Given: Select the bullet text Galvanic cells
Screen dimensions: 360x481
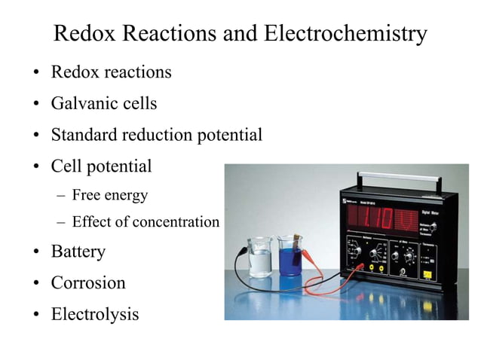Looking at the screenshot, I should pyautogui.click(x=104, y=103).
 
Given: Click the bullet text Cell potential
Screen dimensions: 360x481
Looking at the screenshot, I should pyautogui.click(x=101, y=166).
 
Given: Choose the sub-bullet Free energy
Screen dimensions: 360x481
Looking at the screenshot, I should pyautogui.click(x=110, y=195).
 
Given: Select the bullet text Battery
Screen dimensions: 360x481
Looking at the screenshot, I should pyautogui.click(x=78, y=251).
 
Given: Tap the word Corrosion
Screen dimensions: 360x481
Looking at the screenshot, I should pyautogui.click(x=88, y=282).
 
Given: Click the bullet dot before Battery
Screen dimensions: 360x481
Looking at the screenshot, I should pyautogui.click(x=35, y=252).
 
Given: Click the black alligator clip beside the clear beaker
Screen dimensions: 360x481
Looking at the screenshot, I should pyautogui.click(x=242, y=254).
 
